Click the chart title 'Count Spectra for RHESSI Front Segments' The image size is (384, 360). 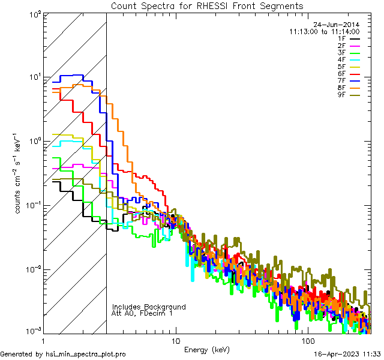[207, 5]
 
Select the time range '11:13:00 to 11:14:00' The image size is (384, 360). [324, 31]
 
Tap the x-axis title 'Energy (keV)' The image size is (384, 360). [207, 350]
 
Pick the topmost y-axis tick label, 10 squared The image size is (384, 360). [33, 13]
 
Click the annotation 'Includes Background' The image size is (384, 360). [149, 307]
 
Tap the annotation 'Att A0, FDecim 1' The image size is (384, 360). [142, 313]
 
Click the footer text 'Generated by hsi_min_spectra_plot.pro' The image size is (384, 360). [63, 354]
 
